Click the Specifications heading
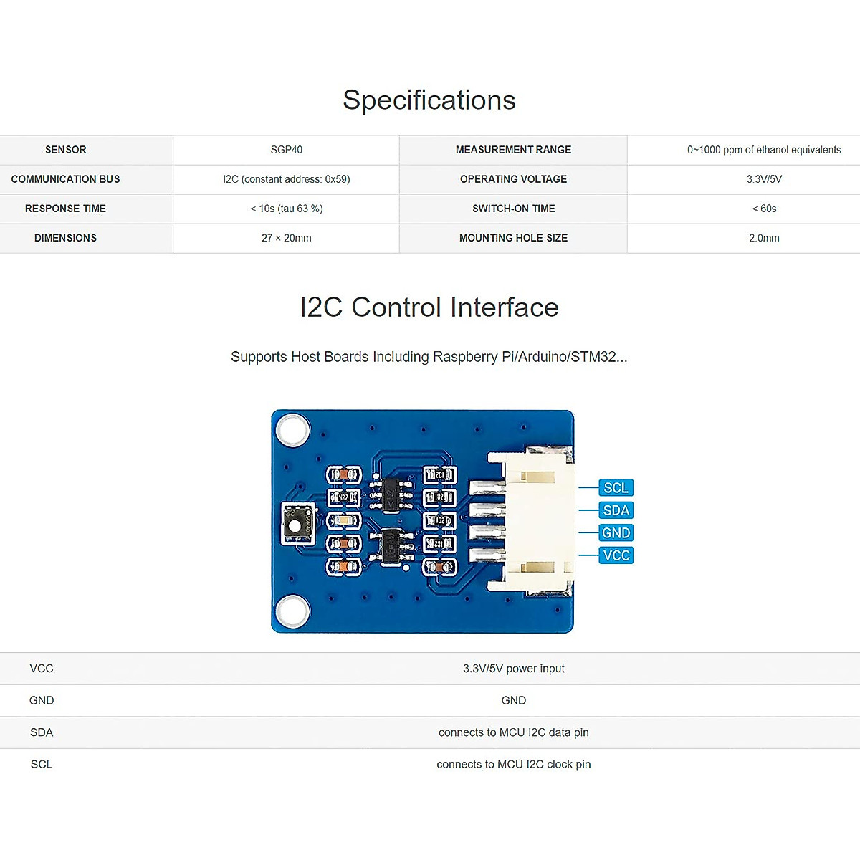click(x=429, y=100)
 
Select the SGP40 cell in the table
click(x=287, y=150)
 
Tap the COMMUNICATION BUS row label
click(x=65, y=179)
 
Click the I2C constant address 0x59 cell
click(x=287, y=179)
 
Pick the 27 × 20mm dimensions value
click(x=287, y=238)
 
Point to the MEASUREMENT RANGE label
click(x=513, y=150)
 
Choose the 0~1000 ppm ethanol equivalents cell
click(x=764, y=150)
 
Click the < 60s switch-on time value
click(x=764, y=209)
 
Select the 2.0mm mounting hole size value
click(x=764, y=238)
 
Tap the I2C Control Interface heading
click(x=429, y=307)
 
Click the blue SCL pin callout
click(x=616, y=488)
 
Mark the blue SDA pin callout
click(x=616, y=510)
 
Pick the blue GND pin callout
click(x=616, y=532)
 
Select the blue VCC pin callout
click(x=616, y=555)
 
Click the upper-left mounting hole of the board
click(x=293, y=430)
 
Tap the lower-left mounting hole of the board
click(x=293, y=611)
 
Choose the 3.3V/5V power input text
click(x=513, y=669)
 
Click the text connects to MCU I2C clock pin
click(x=513, y=765)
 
